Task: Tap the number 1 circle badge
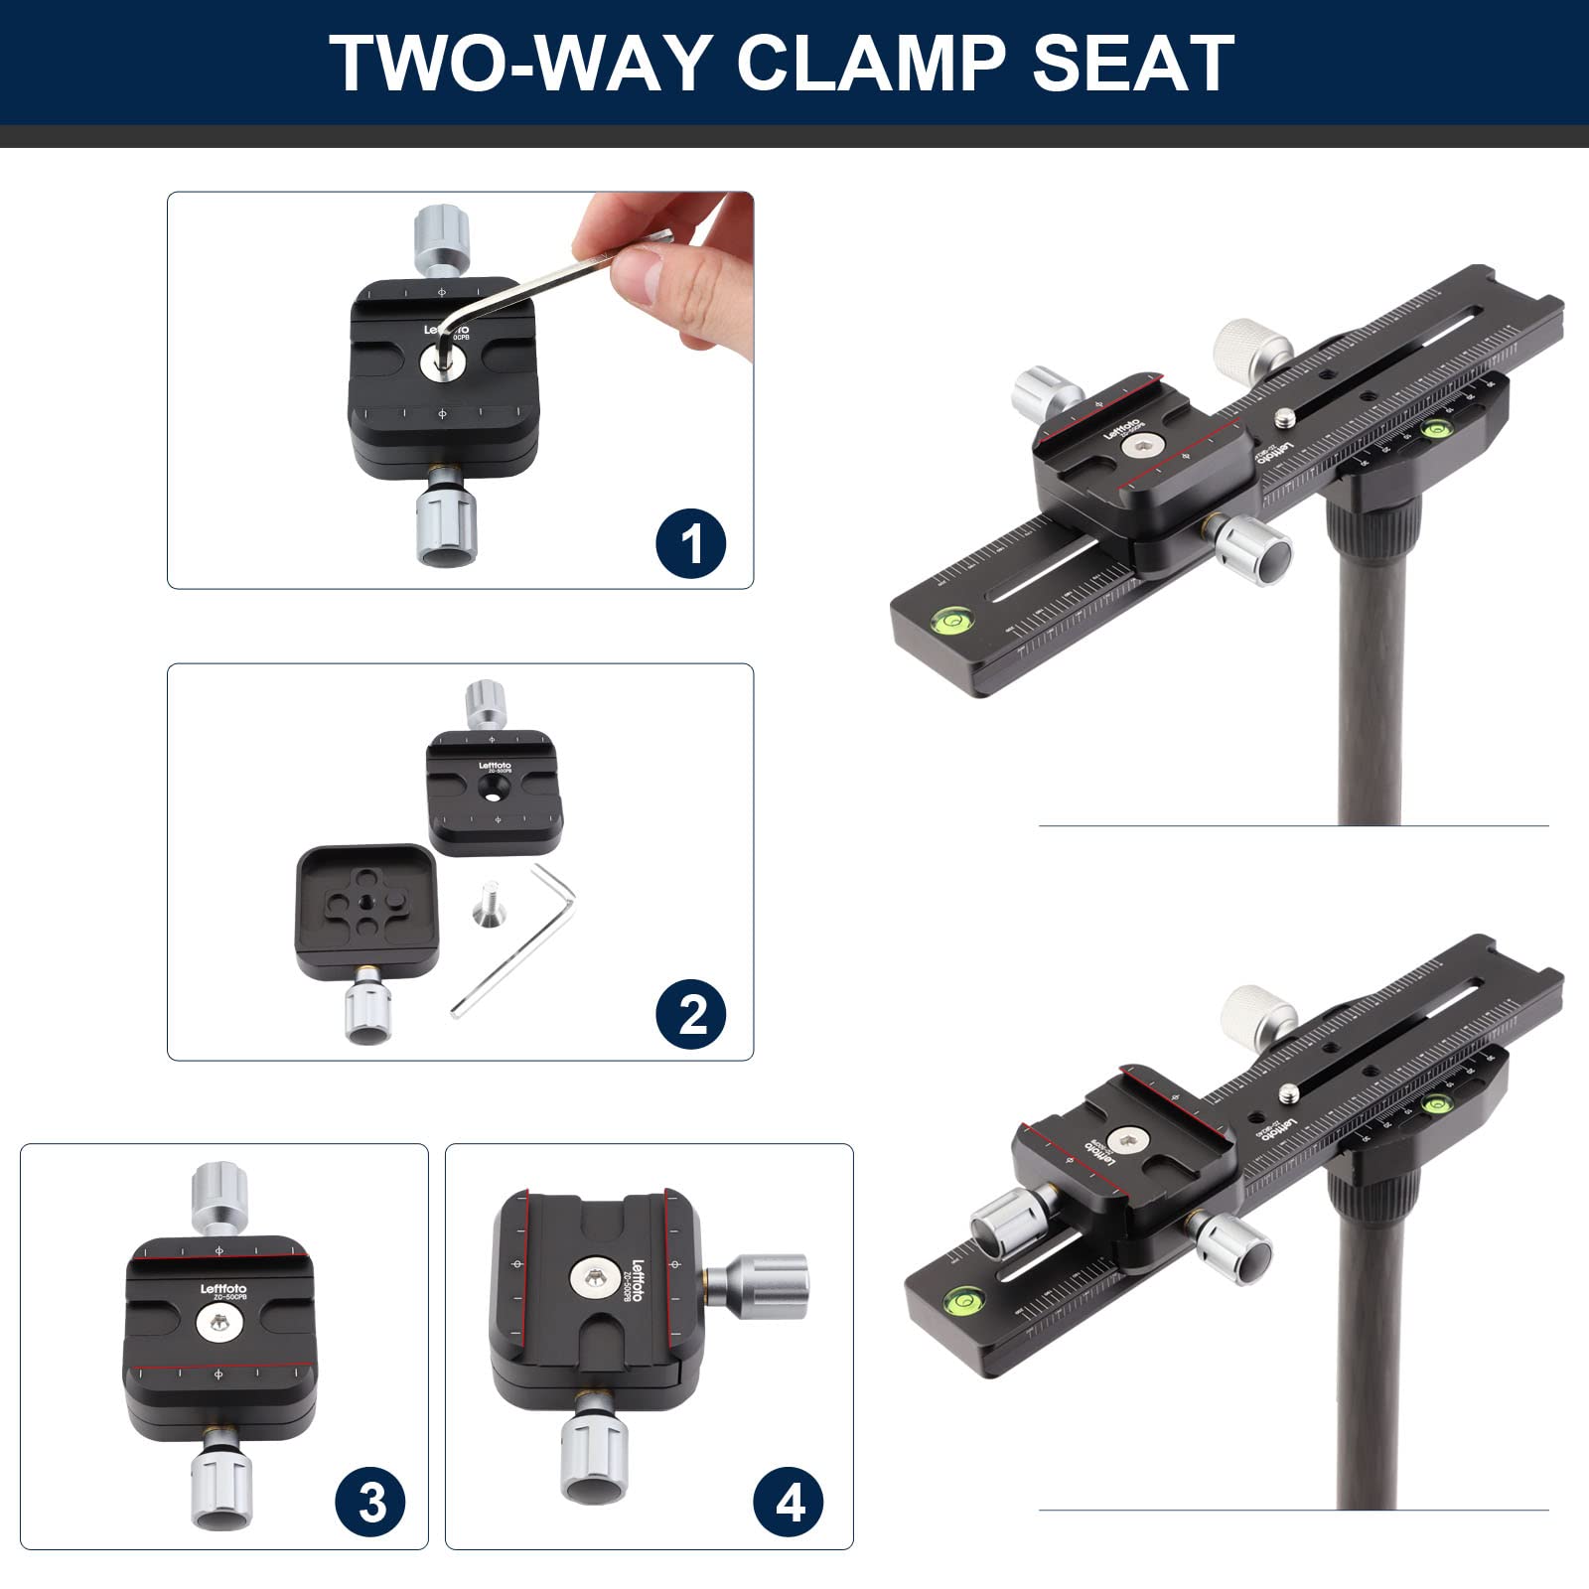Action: pyautogui.click(x=691, y=543)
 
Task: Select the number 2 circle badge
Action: pyautogui.click(x=691, y=1014)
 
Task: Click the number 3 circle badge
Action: pyautogui.click(x=370, y=1503)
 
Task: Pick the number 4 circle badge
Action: pyautogui.click(x=790, y=1503)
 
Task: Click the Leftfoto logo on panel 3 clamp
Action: pyautogui.click(x=223, y=1289)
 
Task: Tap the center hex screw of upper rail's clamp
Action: pyautogui.click(x=1137, y=449)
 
